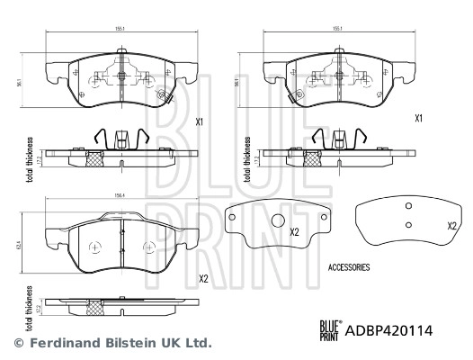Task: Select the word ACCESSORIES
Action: coord(350,267)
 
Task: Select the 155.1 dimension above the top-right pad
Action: coord(338,29)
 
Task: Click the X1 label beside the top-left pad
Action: coord(202,120)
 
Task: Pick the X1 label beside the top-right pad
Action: coord(418,118)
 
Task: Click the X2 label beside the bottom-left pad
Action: coord(202,279)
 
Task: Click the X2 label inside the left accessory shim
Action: coord(294,232)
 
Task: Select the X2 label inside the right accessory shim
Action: coord(451,225)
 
